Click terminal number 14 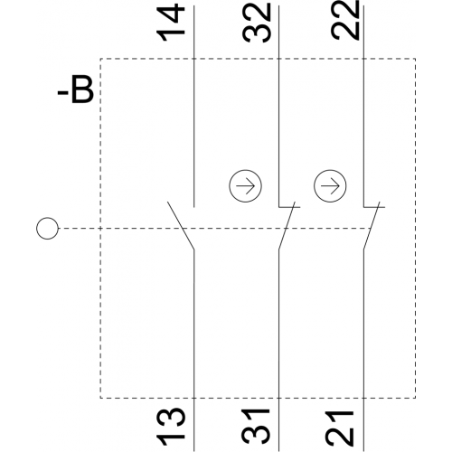[170, 23]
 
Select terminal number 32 [257, 23]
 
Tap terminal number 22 [345, 20]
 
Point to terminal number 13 [170, 427]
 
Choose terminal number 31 [257, 427]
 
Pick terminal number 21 [341, 427]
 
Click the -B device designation [75, 91]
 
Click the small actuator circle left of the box [47, 229]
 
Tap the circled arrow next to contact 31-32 [245, 185]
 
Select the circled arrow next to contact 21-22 [330, 185]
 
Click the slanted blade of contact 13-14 [181, 226]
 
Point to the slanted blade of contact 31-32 [287, 225]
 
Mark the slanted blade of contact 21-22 [372, 225]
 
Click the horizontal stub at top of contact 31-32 [289, 207]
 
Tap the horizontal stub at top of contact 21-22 [374, 207]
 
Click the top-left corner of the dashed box [100, 59]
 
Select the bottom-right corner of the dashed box [416, 398]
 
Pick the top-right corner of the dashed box [416, 59]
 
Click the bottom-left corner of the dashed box [100, 398]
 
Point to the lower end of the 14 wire [193, 207]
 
